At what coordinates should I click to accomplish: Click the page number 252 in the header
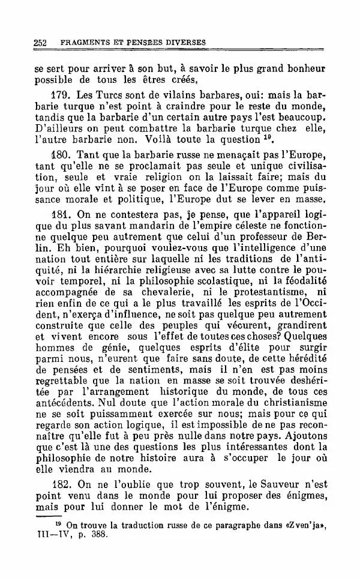point(40,43)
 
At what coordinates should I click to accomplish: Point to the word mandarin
point(162,224)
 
